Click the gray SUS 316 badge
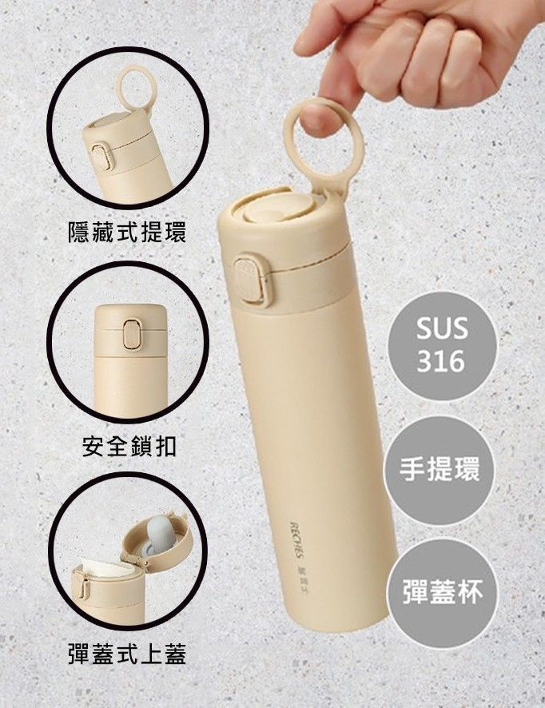click(x=440, y=345)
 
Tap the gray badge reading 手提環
click(x=440, y=469)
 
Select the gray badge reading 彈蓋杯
click(x=440, y=592)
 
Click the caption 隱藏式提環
click(x=127, y=233)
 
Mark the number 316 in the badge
click(x=440, y=361)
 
